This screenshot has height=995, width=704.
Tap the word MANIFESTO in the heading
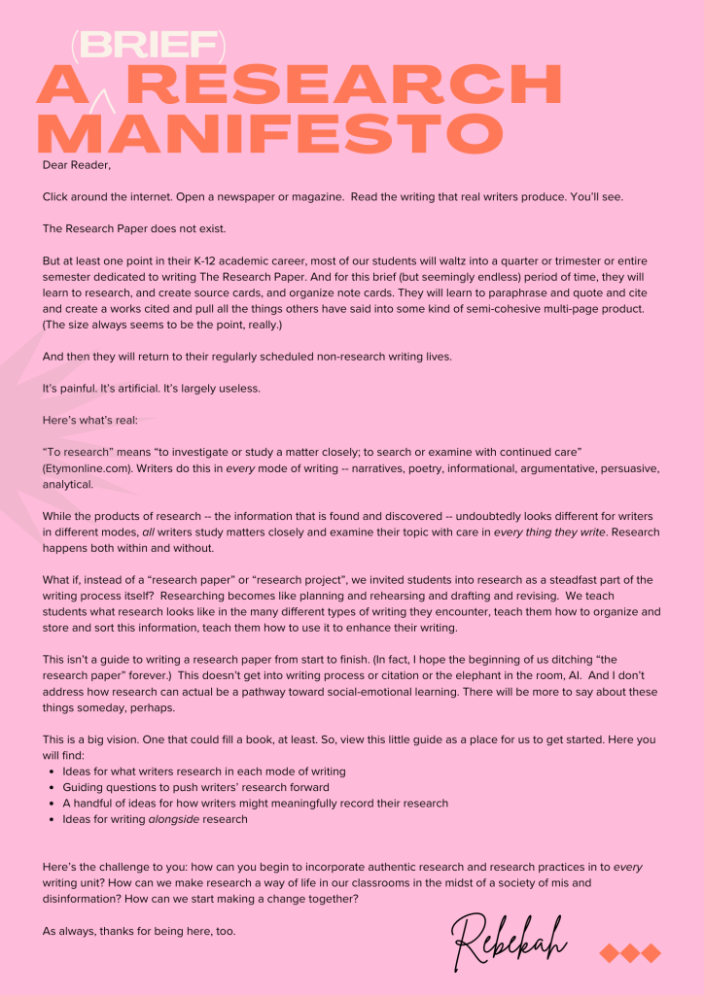(270, 134)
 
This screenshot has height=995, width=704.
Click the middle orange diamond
(630, 952)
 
